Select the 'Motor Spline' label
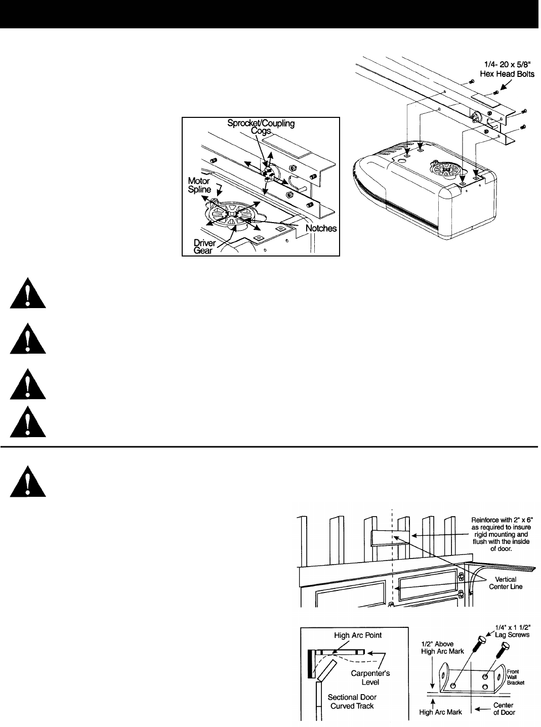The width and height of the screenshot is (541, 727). click(200, 185)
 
